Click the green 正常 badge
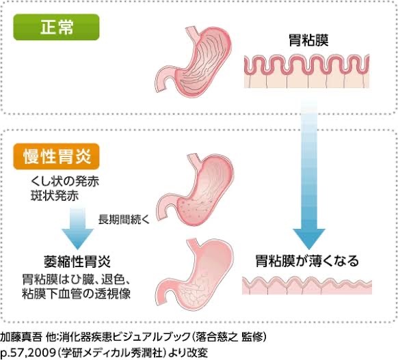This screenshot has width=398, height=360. tap(56, 27)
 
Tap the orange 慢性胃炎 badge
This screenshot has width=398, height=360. tap(56, 156)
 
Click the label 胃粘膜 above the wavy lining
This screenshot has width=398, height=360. tap(308, 40)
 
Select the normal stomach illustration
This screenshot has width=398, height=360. tap(194, 60)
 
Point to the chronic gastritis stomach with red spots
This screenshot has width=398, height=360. tap(195, 187)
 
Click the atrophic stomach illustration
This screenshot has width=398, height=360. tap(195, 275)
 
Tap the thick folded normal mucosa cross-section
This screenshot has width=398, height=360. tap(306, 71)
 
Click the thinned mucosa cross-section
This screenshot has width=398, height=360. tap(307, 286)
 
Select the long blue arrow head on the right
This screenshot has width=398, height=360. tap(309, 239)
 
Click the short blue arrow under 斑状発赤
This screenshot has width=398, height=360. tap(78, 229)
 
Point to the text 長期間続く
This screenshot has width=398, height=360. tap(124, 220)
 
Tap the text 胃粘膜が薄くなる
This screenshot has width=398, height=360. tap(307, 261)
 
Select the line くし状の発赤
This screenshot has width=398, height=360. tap(65, 181)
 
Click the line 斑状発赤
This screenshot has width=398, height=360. tap(55, 196)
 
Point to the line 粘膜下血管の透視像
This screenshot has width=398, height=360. tap(76, 294)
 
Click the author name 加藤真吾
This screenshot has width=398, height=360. tap(21, 337)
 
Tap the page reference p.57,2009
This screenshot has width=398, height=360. tap(27, 352)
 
